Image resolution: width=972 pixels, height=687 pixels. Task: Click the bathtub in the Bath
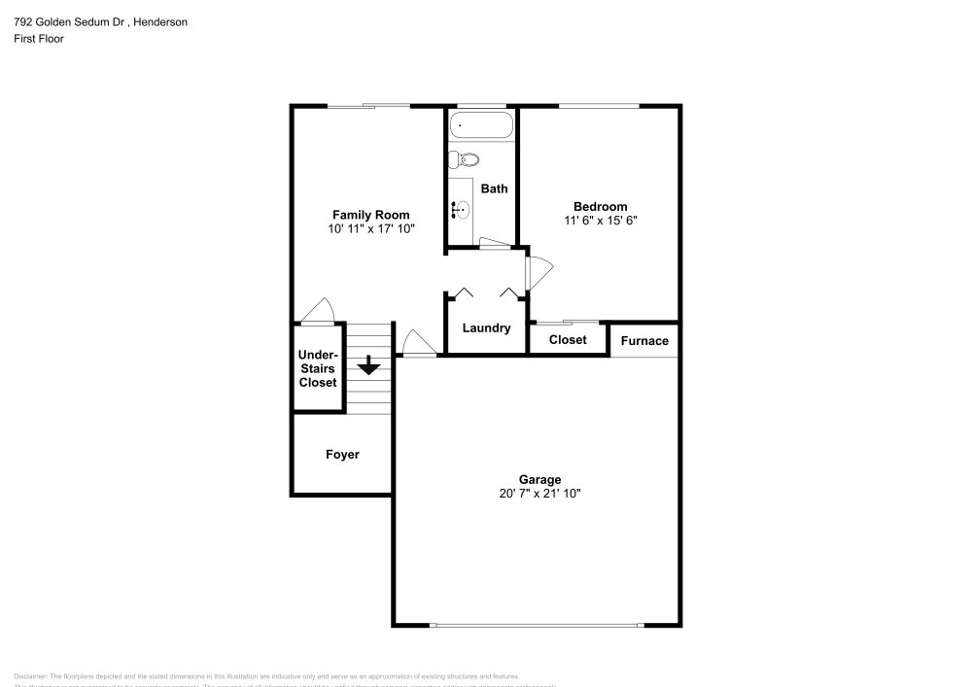(x=481, y=126)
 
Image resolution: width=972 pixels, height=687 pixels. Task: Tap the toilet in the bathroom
(x=467, y=160)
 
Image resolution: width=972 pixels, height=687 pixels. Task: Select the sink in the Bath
(x=462, y=207)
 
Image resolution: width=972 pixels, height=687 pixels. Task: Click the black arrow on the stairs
(x=368, y=366)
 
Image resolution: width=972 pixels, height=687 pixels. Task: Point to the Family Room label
(x=370, y=215)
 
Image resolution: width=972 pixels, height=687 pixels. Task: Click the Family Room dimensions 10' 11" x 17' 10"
(x=370, y=229)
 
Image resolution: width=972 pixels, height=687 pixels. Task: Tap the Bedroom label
(x=600, y=206)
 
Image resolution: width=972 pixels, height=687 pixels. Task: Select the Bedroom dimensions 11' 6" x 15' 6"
(x=600, y=221)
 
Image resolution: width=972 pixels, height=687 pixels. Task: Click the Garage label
(x=539, y=479)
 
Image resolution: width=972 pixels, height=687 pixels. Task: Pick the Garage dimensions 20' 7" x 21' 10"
(x=539, y=494)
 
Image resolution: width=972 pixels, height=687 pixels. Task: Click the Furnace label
(x=644, y=340)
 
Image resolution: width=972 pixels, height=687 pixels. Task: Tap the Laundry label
(x=486, y=328)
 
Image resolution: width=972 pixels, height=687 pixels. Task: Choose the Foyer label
(x=341, y=454)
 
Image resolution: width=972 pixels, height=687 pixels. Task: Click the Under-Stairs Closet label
(x=318, y=369)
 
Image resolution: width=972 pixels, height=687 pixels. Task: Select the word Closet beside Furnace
(x=568, y=340)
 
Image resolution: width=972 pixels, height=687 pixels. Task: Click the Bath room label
(x=494, y=189)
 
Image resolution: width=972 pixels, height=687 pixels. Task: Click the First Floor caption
(x=39, y=39)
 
